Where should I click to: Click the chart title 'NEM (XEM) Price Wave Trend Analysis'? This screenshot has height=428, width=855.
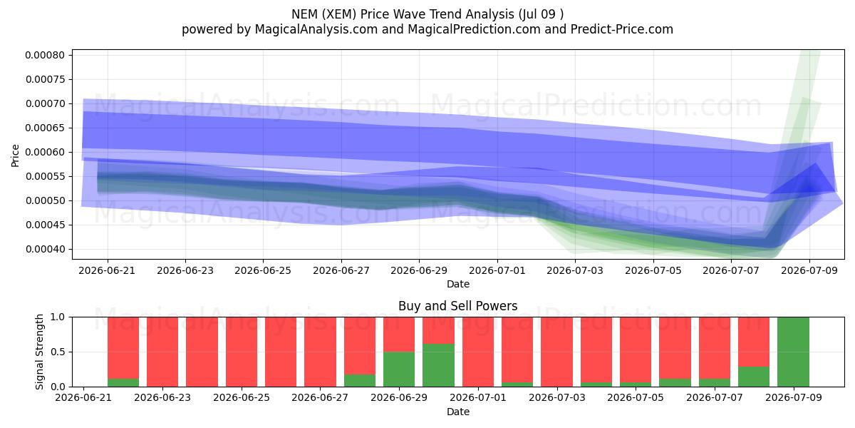(403, 14)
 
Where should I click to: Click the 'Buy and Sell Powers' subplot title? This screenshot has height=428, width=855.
(457, 306)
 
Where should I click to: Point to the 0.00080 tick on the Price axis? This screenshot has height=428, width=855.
(45, 55)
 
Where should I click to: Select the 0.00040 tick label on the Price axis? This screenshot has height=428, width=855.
(45, 249)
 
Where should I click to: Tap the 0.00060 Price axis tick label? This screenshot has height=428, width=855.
(45, 152)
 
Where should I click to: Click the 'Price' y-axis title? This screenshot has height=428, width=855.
(15, 156)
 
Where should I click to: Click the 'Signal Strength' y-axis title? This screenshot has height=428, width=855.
(39, 352)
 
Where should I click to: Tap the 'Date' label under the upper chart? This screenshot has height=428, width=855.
(457, 284)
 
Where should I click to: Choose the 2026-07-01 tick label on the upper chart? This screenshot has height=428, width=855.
(497, 270)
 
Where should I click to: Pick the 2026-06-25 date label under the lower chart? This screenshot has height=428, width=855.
(242, 397)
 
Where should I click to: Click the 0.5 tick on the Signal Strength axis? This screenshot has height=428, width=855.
(58, 352)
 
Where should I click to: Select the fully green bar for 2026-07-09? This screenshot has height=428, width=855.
(793, 352)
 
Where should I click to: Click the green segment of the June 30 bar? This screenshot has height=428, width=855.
(439, 365)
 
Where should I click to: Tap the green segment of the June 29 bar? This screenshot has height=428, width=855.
(399, 370)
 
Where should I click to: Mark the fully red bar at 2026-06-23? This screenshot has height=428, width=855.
(162, 352)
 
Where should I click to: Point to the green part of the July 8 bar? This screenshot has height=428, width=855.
(754, 377)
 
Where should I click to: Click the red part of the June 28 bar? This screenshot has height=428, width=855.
(360, 346)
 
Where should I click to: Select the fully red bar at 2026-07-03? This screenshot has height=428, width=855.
(556, 352)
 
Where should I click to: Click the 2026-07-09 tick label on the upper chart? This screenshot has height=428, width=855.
(809, 270)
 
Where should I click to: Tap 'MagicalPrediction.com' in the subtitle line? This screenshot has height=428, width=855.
(474, 29)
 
